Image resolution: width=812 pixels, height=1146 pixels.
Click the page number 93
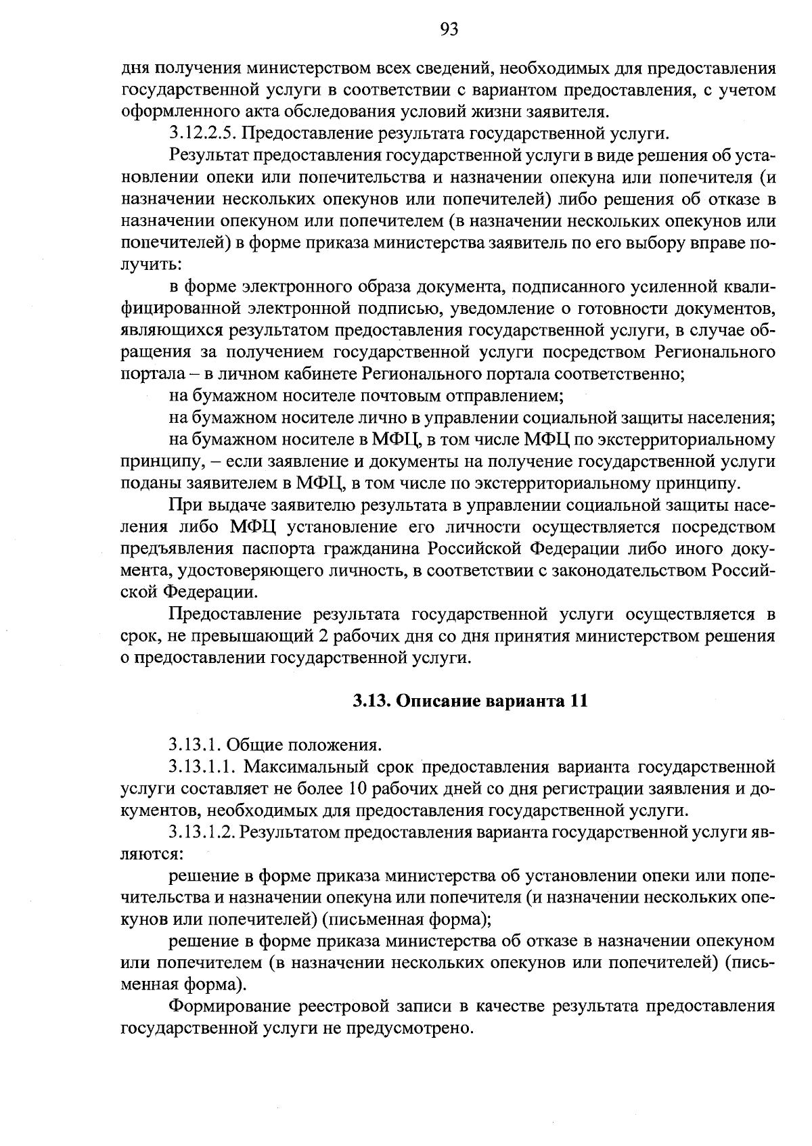pos(449,28)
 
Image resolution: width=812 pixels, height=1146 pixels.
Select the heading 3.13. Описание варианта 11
pos(470,701)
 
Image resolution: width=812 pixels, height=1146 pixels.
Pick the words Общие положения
pos(300,745)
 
